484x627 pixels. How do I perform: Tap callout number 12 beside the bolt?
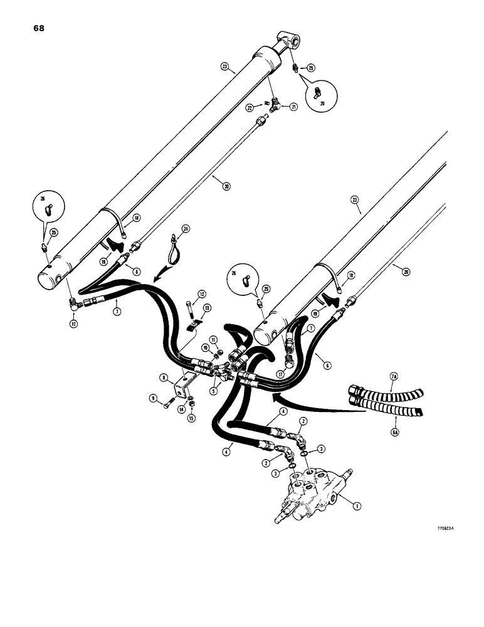point(202,293)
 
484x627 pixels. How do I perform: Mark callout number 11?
point(213,339)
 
